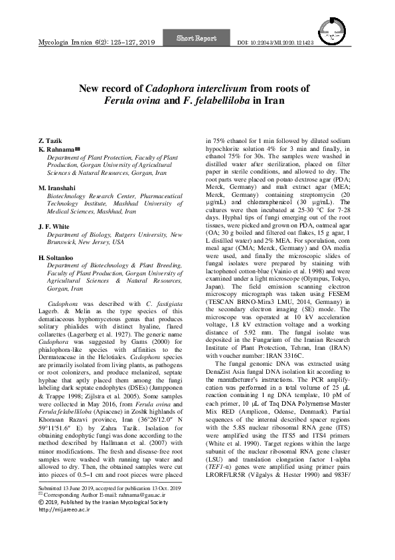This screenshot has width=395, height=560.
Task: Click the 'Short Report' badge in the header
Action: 197,39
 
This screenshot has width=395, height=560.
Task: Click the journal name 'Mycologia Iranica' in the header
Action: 64,42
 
